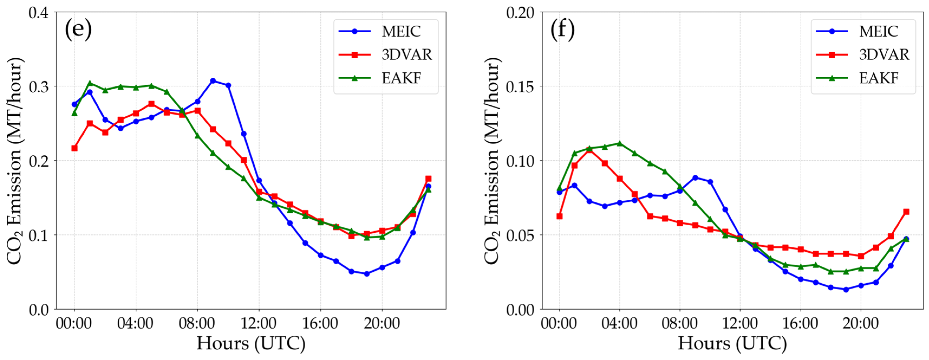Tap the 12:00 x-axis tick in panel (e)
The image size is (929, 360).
259,323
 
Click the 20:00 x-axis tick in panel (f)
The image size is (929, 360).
861,323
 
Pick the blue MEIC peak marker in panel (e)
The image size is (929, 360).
213,81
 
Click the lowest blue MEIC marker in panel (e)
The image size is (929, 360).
367,274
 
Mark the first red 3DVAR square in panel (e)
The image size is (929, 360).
74,148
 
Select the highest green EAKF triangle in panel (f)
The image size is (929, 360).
620,144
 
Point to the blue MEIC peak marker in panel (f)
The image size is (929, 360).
695,178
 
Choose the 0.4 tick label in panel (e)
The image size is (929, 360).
39,13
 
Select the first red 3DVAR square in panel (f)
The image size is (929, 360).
559,216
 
